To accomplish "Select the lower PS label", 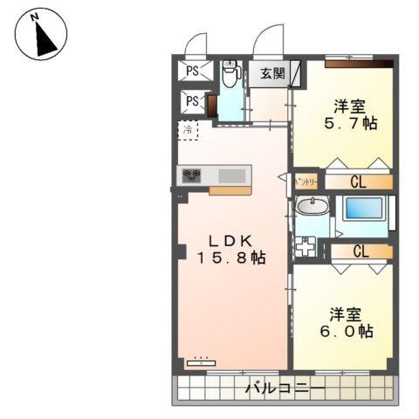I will point(192,103).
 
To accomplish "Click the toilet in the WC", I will point(230,74).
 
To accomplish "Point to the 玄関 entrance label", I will point(271,73).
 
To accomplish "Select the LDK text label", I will point(231,239).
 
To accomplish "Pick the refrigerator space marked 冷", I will point(188,131).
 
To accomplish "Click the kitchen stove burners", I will point(192,175).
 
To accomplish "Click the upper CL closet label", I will point(359,182).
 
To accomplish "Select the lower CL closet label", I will point(359,251).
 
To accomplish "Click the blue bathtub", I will point(362,209).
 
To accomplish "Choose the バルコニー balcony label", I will point(284,388).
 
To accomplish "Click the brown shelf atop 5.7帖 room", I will point(359,63).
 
